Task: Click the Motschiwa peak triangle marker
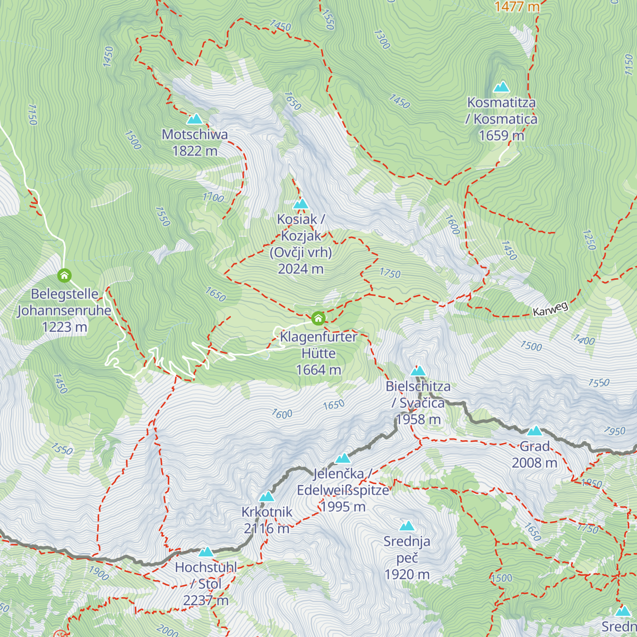click(195, 119)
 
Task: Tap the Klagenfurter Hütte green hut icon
click(318, 318)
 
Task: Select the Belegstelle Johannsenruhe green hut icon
click(64, 276)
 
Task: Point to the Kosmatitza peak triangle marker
click(501, 87)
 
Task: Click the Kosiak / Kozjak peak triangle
click(300, 204)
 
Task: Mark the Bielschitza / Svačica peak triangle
click(418, 371)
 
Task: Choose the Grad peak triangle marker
click(535, 431)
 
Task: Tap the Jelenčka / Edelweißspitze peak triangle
click(343, 458)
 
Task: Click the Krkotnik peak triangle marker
click(266, 497)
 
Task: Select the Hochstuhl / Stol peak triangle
click(206, 552)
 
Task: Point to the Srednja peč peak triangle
click(407, 526)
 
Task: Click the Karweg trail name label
click(550, 309)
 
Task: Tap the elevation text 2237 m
click(205, 600)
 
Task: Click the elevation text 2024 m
click(300, 269)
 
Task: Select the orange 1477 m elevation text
click(517, 6)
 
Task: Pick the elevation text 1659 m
click(501, 136)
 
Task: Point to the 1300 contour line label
click(382, 39)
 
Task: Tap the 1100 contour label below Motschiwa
click(213, 197)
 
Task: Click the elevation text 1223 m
click(64, 327)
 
